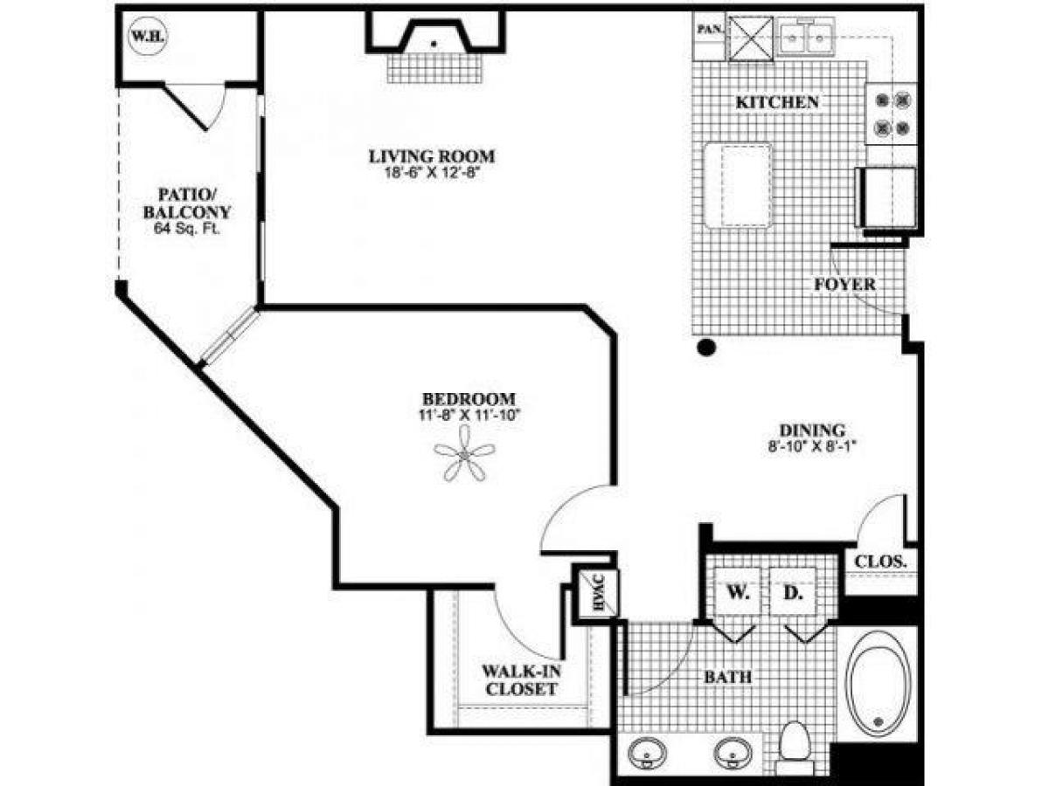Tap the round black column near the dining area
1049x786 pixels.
(706, 348)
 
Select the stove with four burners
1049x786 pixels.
(890, 114)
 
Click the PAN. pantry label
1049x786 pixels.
(708, 29)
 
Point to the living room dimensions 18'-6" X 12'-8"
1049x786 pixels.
(432, 173)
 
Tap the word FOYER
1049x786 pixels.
(844, 285)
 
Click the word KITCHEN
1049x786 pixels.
(777, 102)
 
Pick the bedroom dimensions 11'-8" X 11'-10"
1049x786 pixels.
(469, 415)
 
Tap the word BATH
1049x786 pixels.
(729, 677)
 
